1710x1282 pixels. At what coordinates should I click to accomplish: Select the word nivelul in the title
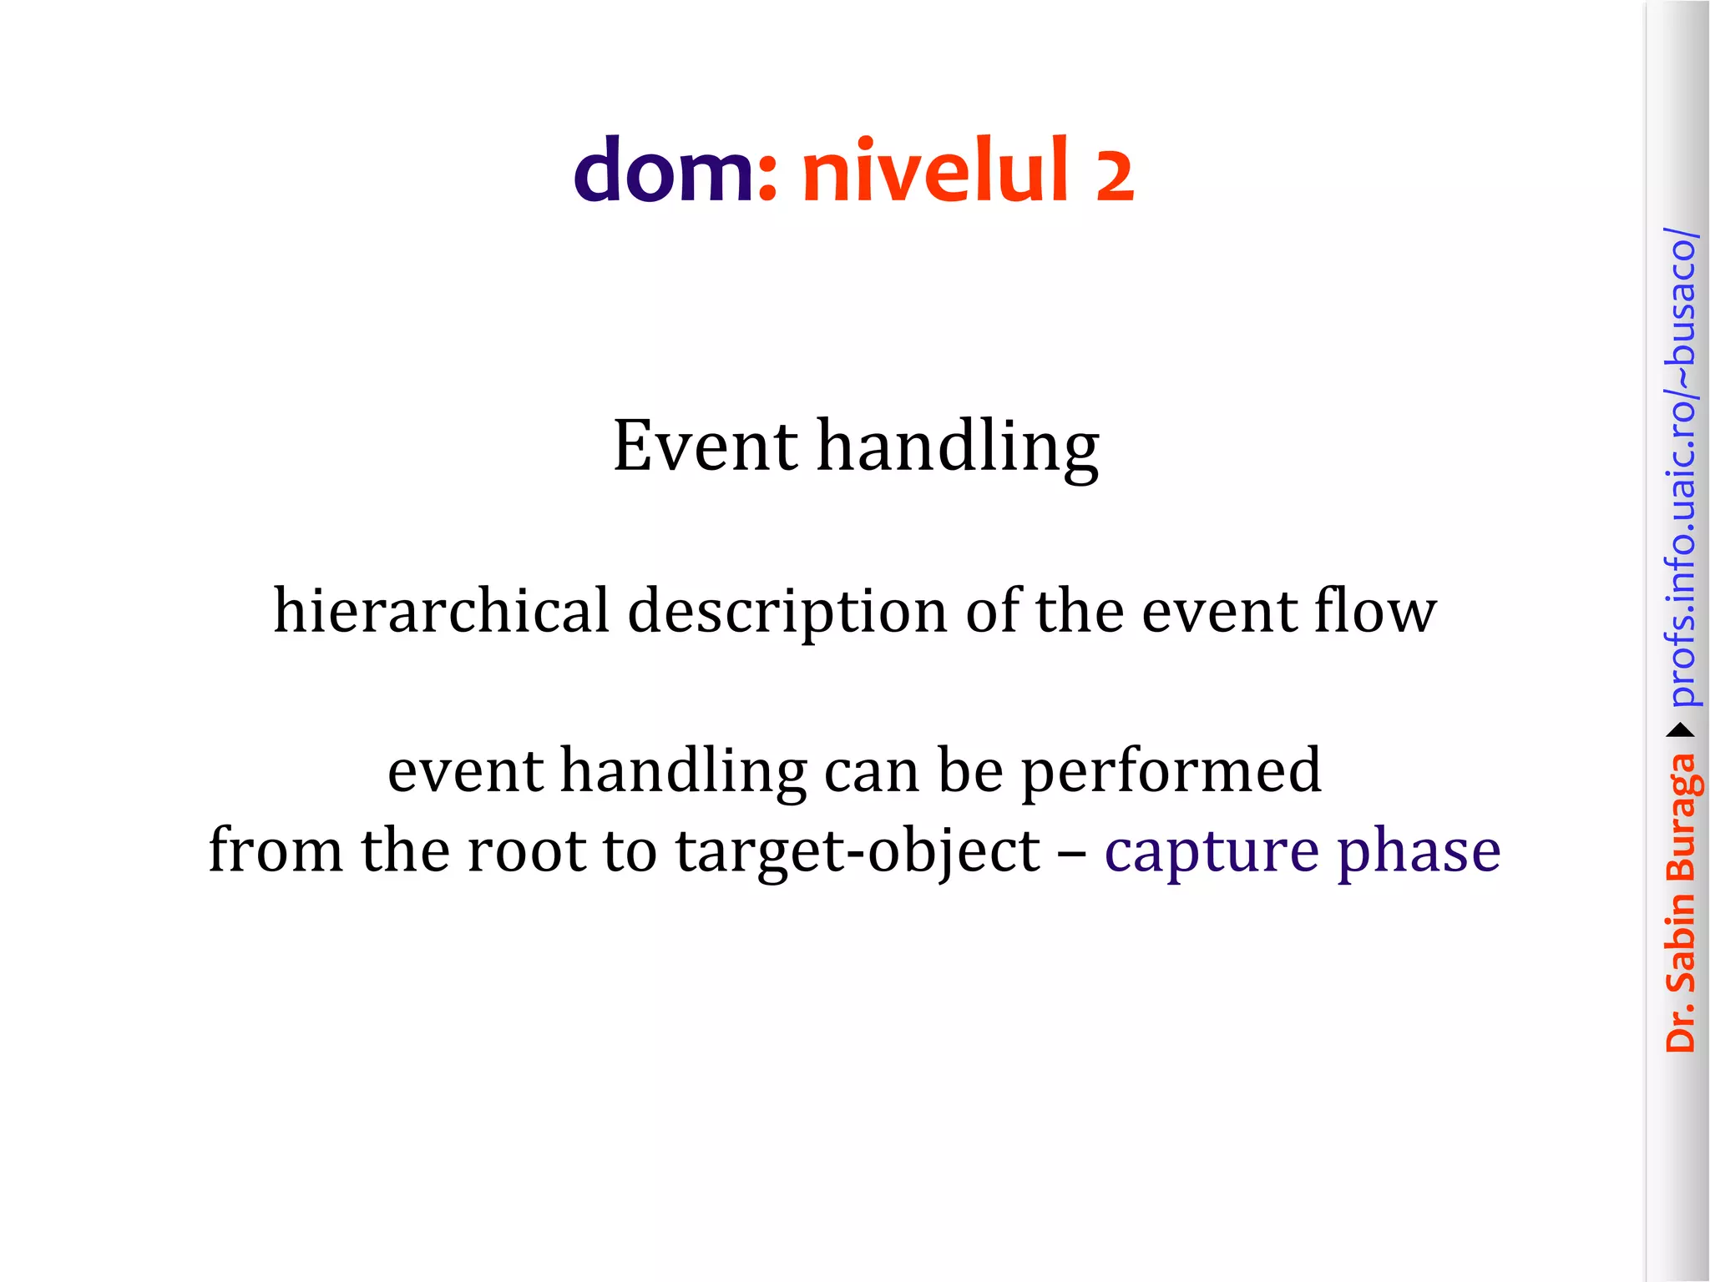point(935,171)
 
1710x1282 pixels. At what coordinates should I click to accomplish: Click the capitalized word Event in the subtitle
point(706,447)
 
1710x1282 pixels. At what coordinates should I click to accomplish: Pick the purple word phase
point(1419,851)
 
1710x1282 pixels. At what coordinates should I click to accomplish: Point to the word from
point(276,851)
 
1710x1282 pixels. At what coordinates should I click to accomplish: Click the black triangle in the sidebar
point(1681,731)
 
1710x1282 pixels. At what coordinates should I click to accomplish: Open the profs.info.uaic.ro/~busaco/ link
point(1681,467)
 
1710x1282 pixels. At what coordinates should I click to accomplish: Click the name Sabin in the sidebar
point(1681,943)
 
